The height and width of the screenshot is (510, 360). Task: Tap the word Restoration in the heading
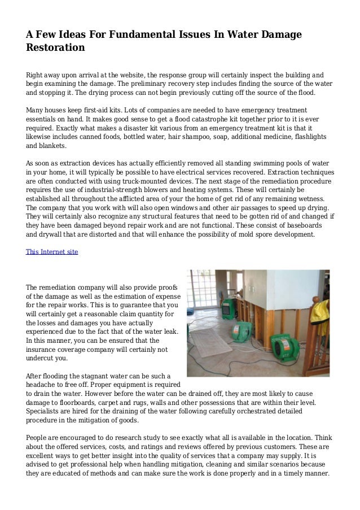[55, 48]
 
